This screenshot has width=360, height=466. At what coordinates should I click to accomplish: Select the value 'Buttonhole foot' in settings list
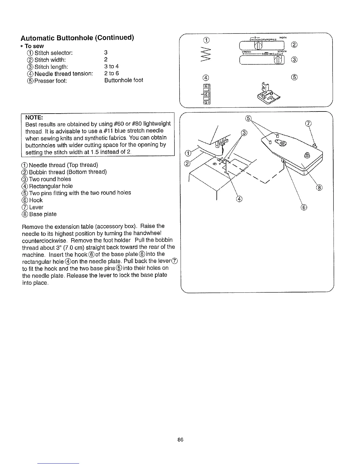tap(124, 80)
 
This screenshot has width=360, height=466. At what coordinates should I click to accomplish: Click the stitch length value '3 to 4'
tap(111, 66)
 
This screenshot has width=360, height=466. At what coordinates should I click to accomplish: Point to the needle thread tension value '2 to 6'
tap(111, 73)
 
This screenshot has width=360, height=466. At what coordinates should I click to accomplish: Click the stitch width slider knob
tap(258, 46)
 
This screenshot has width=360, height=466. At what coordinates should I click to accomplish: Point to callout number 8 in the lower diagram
tap(319, 188)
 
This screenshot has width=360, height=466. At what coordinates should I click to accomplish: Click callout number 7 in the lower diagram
tap(308, 124)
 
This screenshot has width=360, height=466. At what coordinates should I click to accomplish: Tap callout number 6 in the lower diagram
tap(304, 208)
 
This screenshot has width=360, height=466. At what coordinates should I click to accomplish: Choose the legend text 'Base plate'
tap(43, 214)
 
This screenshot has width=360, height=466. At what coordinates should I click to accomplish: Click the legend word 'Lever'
tap(36, 207)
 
